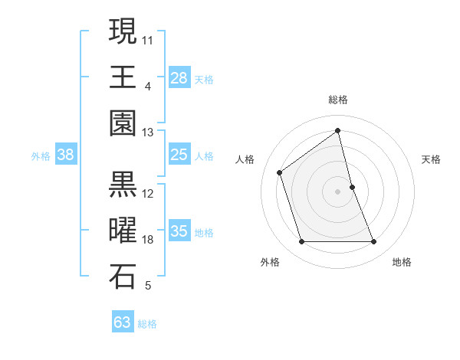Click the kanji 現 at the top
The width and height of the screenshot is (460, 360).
123,31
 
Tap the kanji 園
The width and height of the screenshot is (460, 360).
123,123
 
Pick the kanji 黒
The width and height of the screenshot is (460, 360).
123,184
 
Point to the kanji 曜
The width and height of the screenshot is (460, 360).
123,231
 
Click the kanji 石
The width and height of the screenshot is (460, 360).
123,277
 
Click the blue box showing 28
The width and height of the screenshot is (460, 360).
179,77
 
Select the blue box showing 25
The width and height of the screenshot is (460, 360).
179,155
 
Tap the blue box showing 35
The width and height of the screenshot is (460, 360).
179,231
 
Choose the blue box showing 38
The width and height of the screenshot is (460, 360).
66,155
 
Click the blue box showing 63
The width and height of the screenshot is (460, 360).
123,322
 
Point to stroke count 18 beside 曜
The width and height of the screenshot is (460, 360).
149,240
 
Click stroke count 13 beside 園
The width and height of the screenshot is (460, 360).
148,133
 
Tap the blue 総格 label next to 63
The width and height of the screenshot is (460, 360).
148,324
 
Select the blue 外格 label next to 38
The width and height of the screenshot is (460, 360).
41,156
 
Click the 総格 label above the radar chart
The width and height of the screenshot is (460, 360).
338,100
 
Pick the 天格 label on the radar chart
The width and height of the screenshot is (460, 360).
432,159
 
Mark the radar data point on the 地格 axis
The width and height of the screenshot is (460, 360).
374,242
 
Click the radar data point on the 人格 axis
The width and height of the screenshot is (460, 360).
280,172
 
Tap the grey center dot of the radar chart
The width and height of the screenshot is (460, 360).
338,191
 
